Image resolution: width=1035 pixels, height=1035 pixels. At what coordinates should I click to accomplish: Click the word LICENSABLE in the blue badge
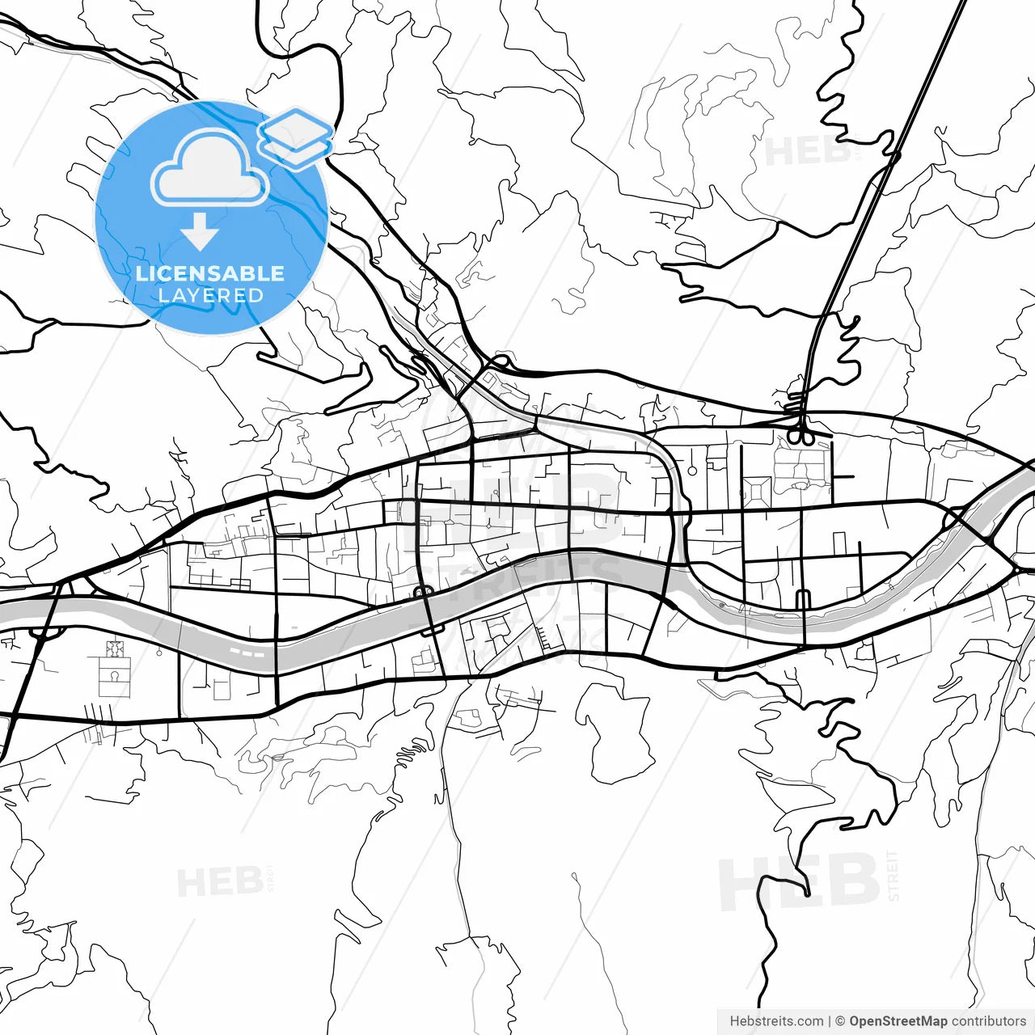(210, 273)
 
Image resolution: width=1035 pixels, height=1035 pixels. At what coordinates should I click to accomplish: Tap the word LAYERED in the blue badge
(210, 295)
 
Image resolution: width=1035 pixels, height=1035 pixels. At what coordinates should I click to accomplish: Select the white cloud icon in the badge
(209, 167)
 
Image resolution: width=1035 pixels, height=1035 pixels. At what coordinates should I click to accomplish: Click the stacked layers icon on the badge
(296, 137)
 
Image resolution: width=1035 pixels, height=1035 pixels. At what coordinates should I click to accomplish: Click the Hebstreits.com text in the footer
(776, 1021)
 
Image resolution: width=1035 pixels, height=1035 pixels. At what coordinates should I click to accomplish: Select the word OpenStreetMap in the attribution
(898, 1021)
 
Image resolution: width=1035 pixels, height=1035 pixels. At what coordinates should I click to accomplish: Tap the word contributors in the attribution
(988, 1021)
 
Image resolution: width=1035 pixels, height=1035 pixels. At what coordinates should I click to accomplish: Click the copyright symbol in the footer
(840, 1021)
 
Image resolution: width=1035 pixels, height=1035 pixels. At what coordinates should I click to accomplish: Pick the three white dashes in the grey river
(247, 650)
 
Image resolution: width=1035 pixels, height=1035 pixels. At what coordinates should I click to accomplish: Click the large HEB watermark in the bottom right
(798, 882)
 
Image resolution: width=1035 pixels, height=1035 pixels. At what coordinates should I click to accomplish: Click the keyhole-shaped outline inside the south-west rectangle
(115, 678)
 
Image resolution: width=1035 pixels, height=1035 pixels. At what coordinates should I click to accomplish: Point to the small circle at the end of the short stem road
(692, 470)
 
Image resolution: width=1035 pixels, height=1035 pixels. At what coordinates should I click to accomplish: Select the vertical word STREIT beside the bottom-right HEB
(893, 876)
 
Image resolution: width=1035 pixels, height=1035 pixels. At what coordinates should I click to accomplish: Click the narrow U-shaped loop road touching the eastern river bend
(803, 600)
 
